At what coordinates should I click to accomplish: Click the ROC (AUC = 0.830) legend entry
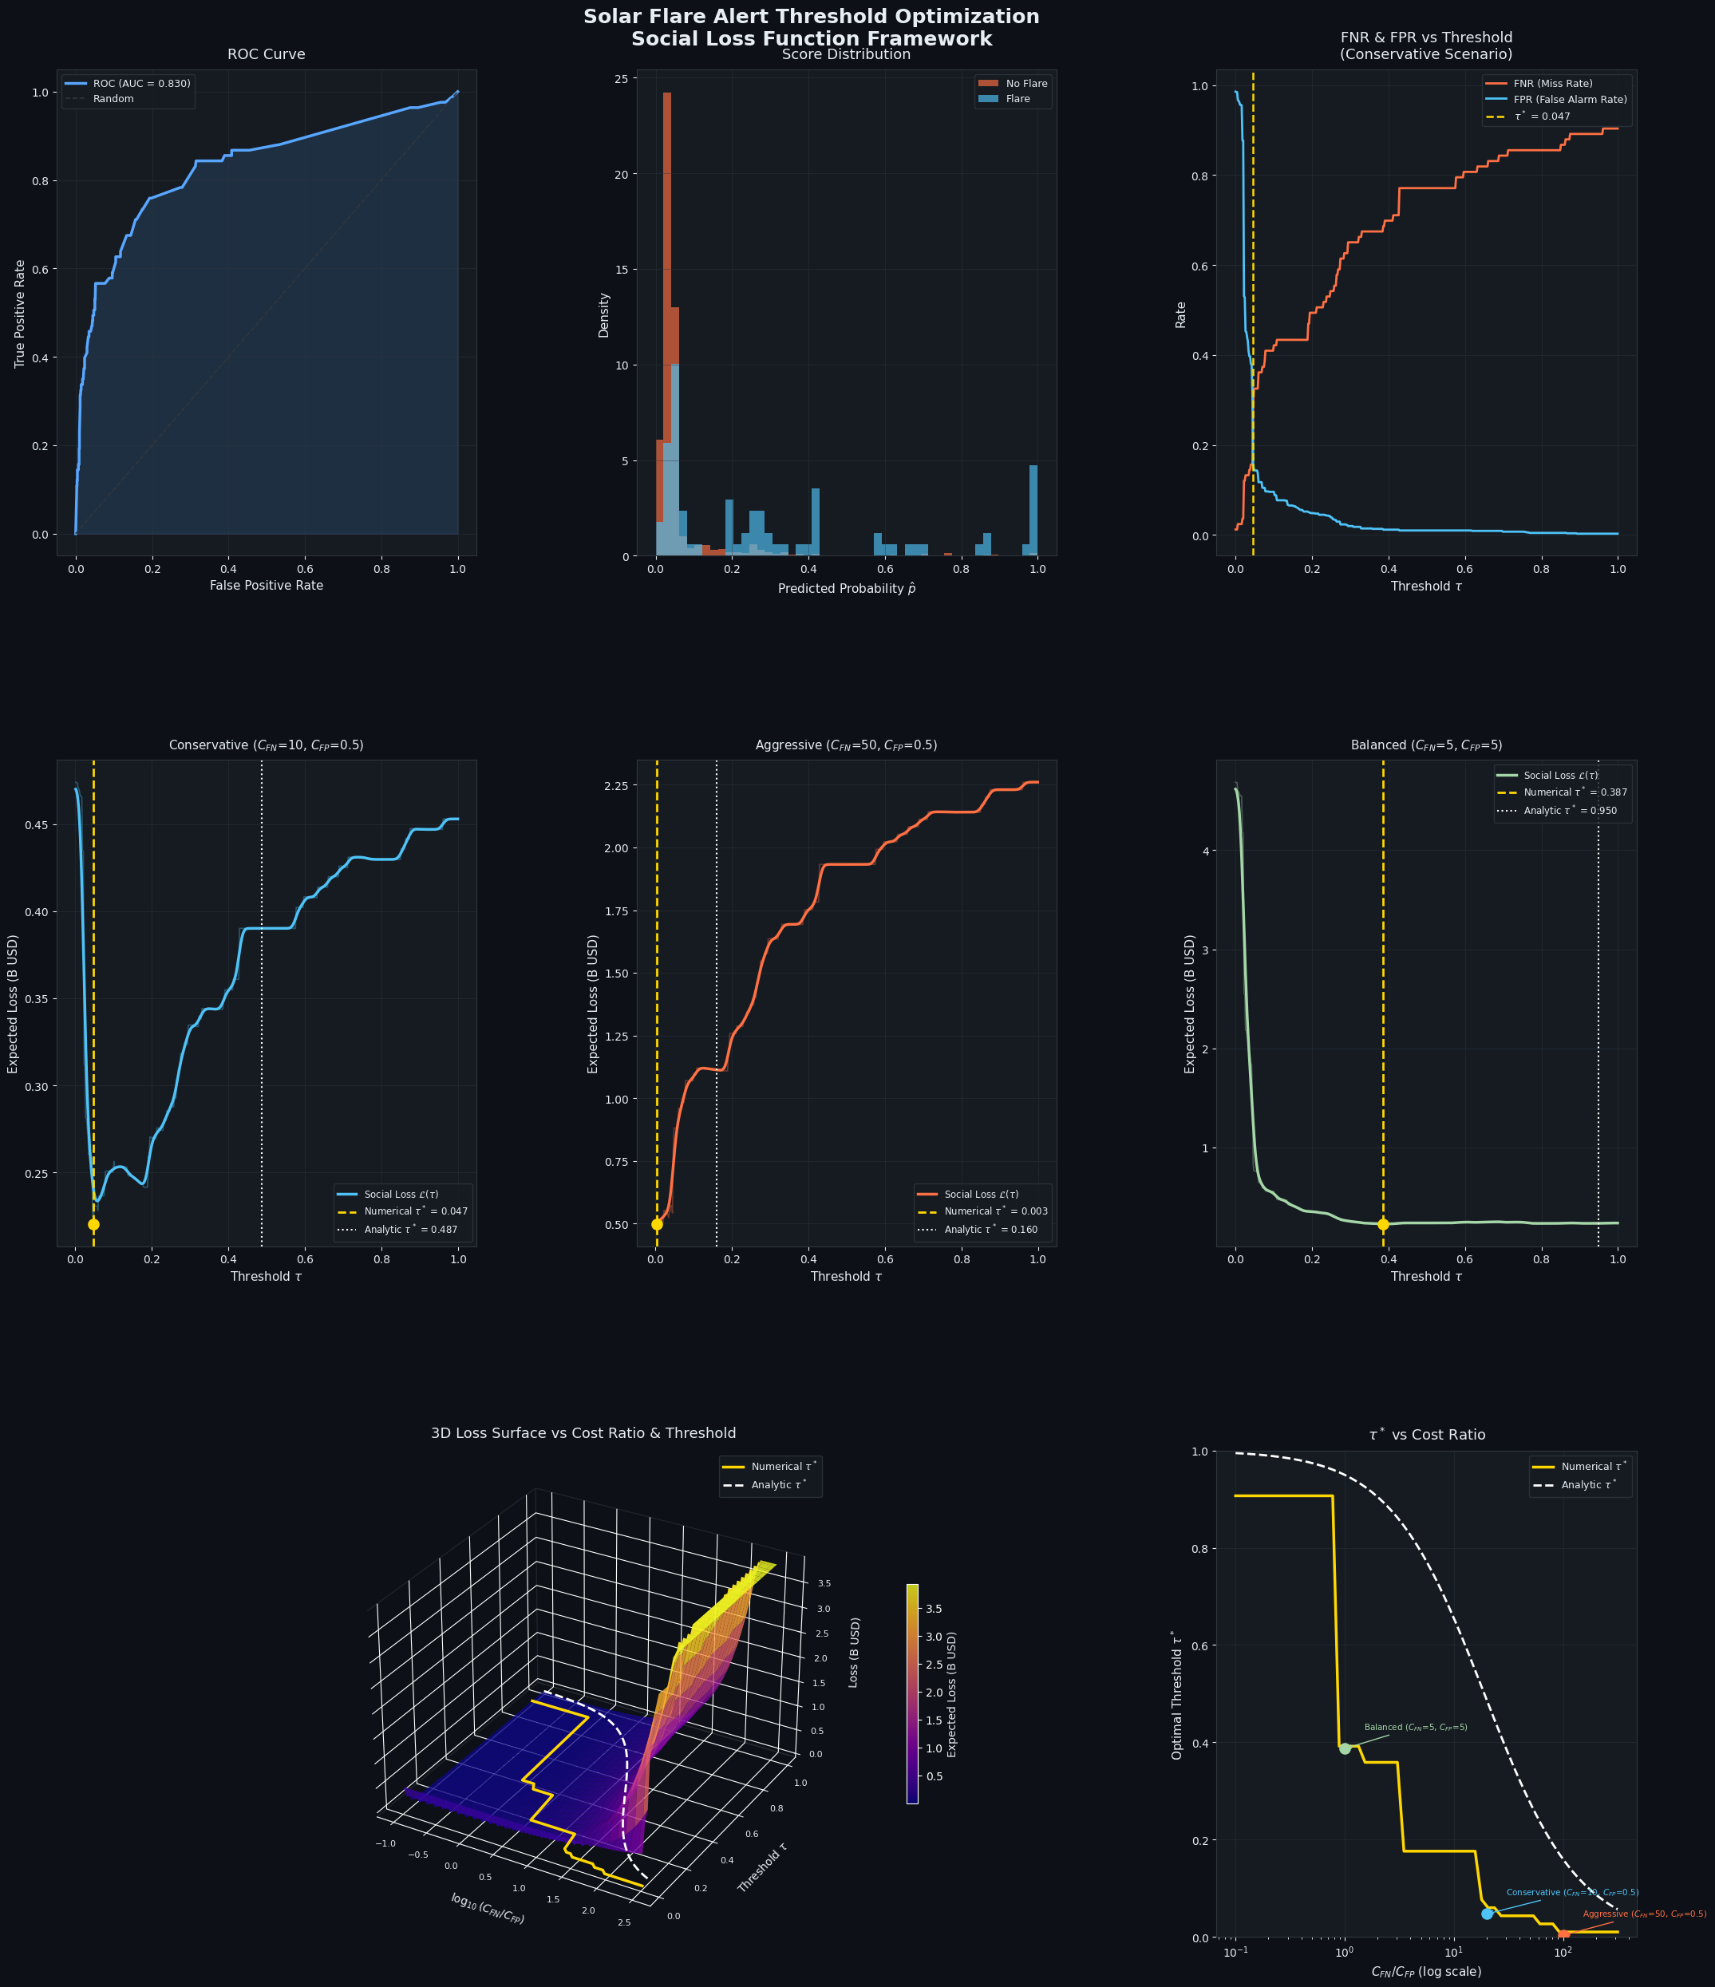pyautogui.click(x=128, y=84)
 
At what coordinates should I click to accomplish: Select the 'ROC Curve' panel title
pyautogui.click(x=267, y=54)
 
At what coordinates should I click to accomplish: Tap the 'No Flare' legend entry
pyautogui.click(x=1013, y=84)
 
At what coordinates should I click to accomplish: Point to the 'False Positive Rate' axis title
pyautogui.click(x=267, y=585)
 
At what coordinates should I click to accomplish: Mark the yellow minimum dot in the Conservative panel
pyautogui.click(x=93, y=1225)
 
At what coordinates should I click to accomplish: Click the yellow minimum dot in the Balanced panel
pyautogui.click(x=1383, y=1225)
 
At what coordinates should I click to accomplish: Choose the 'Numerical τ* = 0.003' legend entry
pyautogui.click(x=983, y=1211)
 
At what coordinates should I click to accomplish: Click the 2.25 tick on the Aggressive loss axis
pyautogui.click(x=614, y=786)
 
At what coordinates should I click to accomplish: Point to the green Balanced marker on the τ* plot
pyautogui.click(x=1345, y=1748)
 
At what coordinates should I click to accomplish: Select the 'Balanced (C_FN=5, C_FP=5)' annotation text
pyautogui.click(x=1416, y=1727)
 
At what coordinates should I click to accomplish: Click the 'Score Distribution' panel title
pyautogui.click(x=846, y=54)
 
